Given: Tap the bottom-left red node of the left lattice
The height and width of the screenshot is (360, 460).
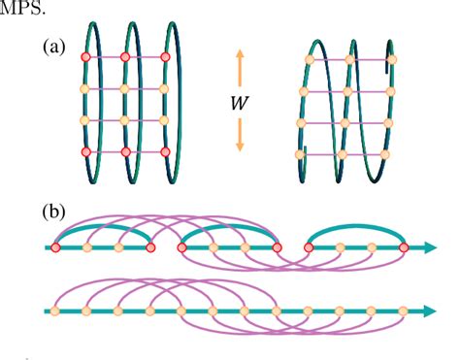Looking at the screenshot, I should [x=84, y=152].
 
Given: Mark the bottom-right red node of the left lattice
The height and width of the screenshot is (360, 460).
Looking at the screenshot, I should [x=166, y=152].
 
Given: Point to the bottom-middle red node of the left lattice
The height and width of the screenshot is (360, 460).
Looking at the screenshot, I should [x=125, y=152].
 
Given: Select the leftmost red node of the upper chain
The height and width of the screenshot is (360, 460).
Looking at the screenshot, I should [x=56, y=249].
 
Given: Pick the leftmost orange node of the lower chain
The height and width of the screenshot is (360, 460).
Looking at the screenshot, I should [x=56, y=311].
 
